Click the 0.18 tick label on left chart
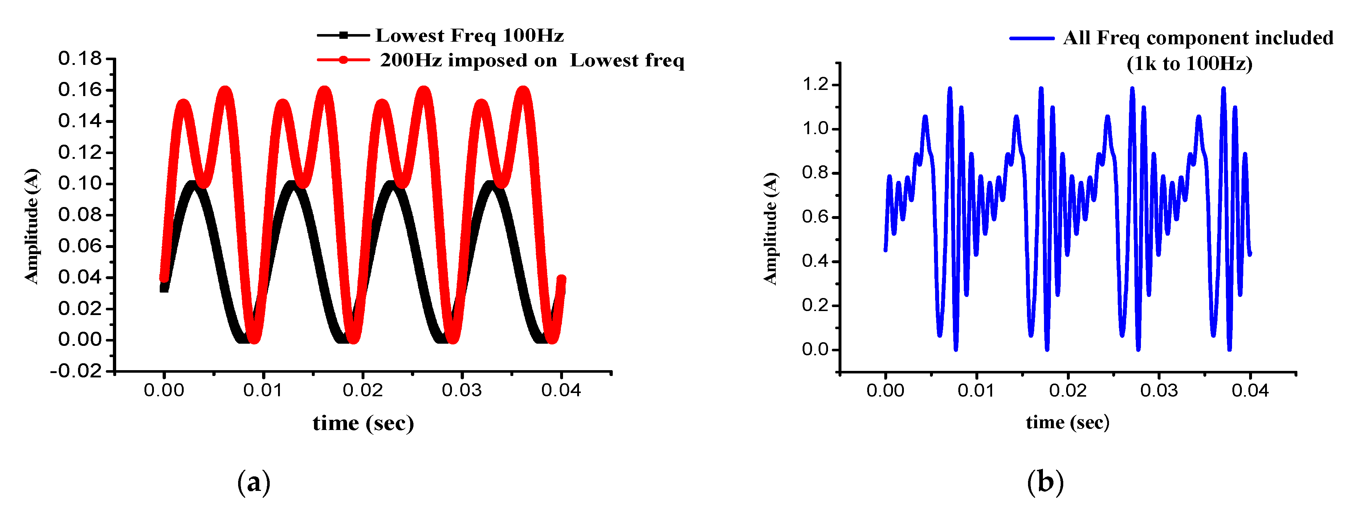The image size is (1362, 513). pyautogui.click(x=79, y=59)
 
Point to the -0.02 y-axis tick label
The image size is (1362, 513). pyautogui.click(x=76, y=371)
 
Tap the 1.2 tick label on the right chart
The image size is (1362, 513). pyautogui.click(x=815, y=84)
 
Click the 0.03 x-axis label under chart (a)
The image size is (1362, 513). pyautogui.click(x=462, y=391)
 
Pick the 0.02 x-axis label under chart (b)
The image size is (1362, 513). pyautogui.click(x=1068, y=391)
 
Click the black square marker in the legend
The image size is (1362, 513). pyautogui.click(x=343, y=36)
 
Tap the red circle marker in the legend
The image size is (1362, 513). pyautogui.click(x=343, y=60)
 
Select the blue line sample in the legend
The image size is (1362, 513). pyautogui.click(x=1032, y=38)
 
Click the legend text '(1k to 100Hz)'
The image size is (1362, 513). pyautogui.click(x=1189, y=64)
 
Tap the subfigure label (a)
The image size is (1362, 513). pyautogui.click(x=254, y=482)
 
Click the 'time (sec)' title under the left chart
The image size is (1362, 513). pyautogui.click(x=363, y=423)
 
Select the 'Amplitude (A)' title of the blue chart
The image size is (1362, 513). pyautogui.click(x=770, y=228)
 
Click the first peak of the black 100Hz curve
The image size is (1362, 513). pyautogui.click(x=193, y=185)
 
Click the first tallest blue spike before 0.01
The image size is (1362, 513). pyautogui.click(x=950, y=90)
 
